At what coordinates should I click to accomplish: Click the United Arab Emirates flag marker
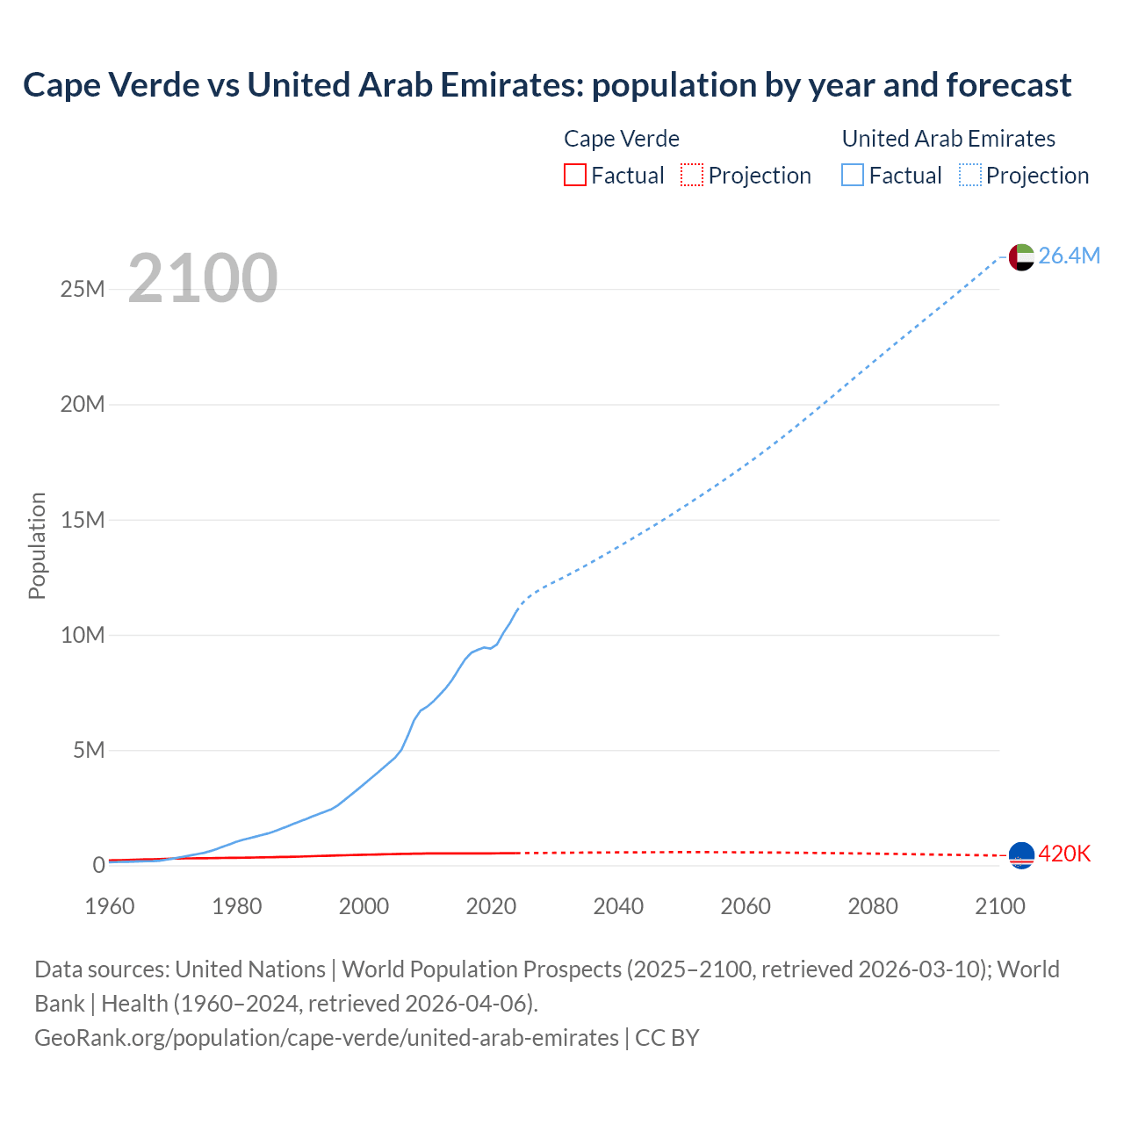pyautogui.click(x=1021, y=256)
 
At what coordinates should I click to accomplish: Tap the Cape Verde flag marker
pyautogui.click(x=1021, y=854)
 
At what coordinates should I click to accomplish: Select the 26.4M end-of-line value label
pyautogui.click(x=1069, y=256)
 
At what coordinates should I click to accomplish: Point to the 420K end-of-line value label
pyautogui.click(x=1064, y=854)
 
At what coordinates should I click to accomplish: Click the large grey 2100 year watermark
pyautogui.click(x=203, y=278)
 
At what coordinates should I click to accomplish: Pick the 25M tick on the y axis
pyautogui.click(x=83, y=289)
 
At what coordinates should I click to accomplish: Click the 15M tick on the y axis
pyautogui.click(x=83, y=520)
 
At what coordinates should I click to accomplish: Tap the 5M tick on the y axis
pyautogui.click(x=89, y=750)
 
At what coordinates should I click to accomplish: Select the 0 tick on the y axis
pyautogui.click(x=98, y=865)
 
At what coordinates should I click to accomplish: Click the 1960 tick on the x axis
pyautogui.click(x=110, y=906)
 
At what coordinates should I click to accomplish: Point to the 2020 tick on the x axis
pyautogui.click(x=491, y=906)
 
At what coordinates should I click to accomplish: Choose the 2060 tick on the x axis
pyautogui.click(x=746, y=906)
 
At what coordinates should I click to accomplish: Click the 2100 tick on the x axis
pyautogui.click(x=999, y=906)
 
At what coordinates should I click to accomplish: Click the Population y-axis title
pyautogui.click(x=37, y=545)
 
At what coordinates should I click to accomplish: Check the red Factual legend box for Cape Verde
pyautogui.click(x=575, y=176)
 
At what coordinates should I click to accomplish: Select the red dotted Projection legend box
pyautogui.click(x=692, y=176)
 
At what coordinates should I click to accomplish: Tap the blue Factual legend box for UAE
pyautogui.click(x=853, y=176)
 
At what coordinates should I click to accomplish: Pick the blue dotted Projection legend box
pyautogui.click(x=970, y=176)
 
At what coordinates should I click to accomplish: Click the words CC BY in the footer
pyautogui.click(x=667, y=1038)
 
